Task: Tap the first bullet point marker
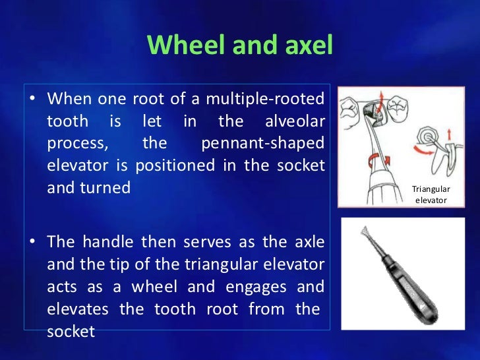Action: (32, 100)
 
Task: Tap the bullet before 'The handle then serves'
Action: (32, 243)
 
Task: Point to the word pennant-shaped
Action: (262, 143)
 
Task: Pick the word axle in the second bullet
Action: (309, 242)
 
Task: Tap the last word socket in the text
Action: (71, 331)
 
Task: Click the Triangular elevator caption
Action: (431, 194)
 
